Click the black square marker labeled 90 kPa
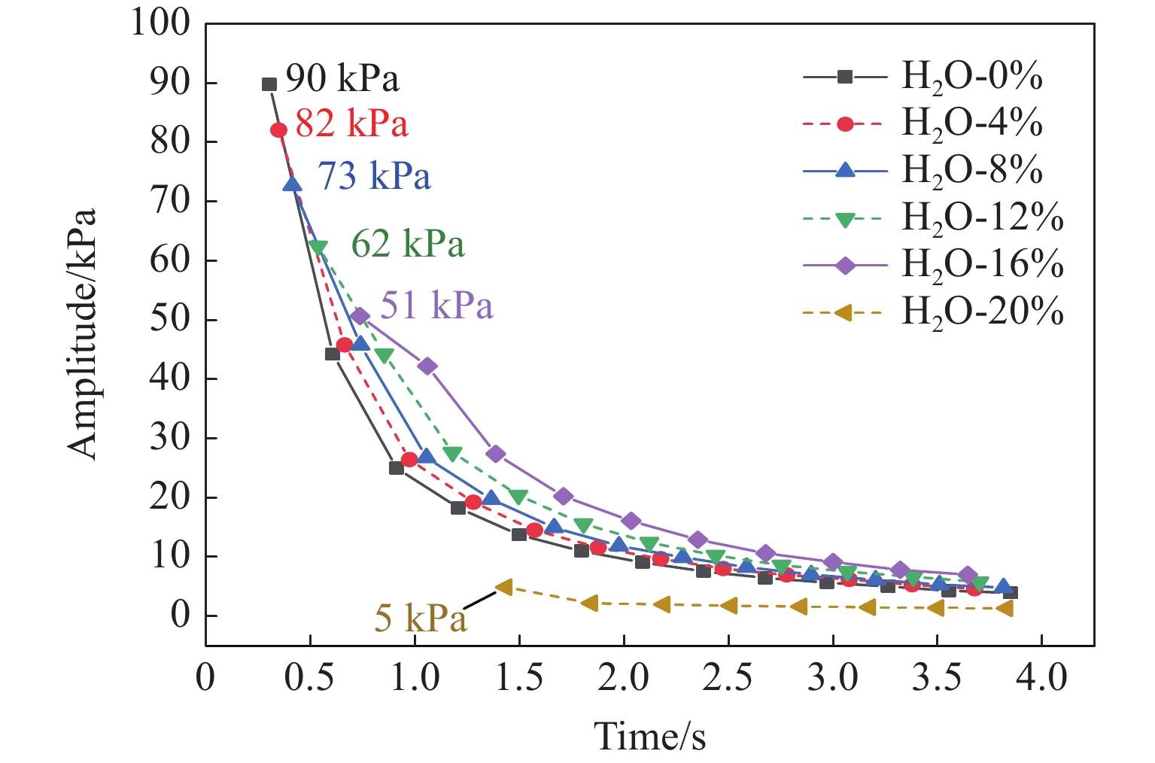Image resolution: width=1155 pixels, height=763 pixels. pyautogui.click(x=269, y=84)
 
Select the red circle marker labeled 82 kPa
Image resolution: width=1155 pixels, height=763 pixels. pyautogui.click(x=278, y=130)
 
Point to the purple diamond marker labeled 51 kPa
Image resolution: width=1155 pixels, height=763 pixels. pyautogui.click(x=360, y=316)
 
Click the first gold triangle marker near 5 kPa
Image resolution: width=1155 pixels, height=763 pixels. pyautogui.click(x=503, y=587)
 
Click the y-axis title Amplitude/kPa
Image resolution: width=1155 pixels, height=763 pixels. pyautogui.click(x=82, y=333)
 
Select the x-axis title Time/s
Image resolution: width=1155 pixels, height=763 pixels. pyautogui.click(x=650, y=735)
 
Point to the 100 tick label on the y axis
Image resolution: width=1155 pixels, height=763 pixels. pyautogui.click(x=161, y=23)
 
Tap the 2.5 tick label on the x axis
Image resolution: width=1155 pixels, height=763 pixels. pyautogui.click(x=728, y=678)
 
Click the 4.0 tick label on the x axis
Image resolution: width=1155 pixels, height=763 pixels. pyautogui.click(x=1041, y=678)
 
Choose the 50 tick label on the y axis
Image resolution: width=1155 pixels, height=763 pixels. pyautogui.click(x=170, y=319)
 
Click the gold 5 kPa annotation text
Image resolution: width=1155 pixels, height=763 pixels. pyautogui.click(x=421, y=618)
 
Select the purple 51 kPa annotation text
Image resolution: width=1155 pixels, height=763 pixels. pyautogui.click(x=436, y=306)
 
